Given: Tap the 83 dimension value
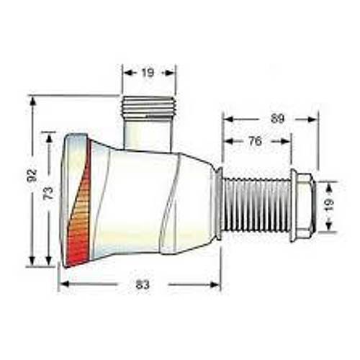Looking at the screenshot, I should (142, 285).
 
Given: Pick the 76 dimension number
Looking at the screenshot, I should (254, 142).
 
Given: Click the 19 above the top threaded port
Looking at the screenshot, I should (148, 72).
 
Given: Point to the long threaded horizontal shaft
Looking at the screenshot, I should (256, 205).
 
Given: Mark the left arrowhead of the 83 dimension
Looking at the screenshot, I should (62, 284).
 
